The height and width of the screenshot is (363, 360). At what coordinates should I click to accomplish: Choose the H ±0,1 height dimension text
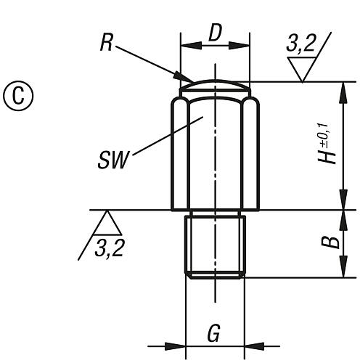pos(331,145)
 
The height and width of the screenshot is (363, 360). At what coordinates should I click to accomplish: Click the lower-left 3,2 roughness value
pos(109,248)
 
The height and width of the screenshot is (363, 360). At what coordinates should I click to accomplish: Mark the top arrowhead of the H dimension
pos(341,87)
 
